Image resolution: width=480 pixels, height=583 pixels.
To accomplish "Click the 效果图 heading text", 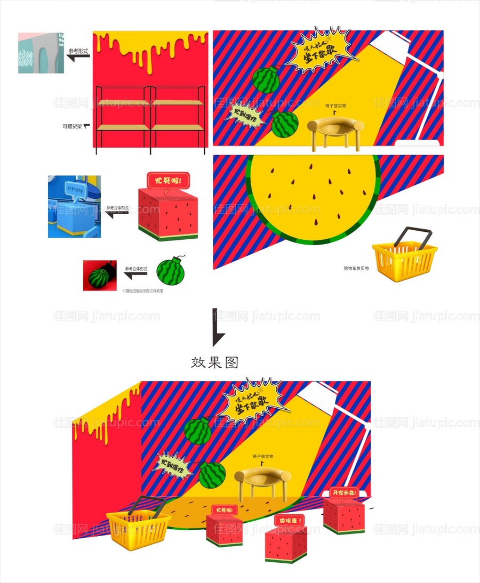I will click(214, 363).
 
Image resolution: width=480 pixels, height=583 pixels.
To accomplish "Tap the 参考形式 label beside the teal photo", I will click(78, 52).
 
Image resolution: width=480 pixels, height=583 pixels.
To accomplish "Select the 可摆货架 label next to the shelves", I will click(73, 127).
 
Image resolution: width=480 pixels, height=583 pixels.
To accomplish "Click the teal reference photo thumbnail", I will click(41, 53).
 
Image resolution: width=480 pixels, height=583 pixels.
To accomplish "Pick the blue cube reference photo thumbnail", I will click(74, 207).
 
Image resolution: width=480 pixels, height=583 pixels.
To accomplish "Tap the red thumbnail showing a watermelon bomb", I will click(100, 276).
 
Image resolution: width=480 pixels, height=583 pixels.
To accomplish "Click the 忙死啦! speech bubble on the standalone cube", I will click(168, 180).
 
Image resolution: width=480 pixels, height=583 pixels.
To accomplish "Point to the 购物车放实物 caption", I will click(356, 268).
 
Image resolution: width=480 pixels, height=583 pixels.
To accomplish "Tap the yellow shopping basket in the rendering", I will click(138, 528).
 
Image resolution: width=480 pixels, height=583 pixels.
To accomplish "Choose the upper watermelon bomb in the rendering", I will click(198, 431).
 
